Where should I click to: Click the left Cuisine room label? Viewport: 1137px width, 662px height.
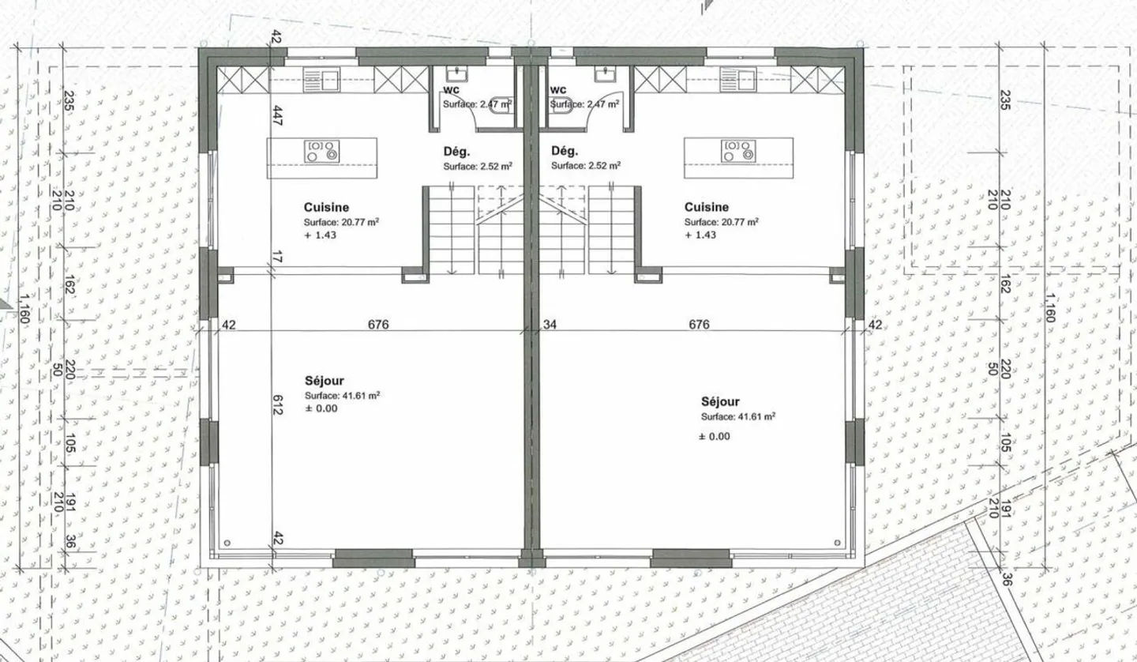(326, 207)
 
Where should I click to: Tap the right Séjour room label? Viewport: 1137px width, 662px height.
(720, 401)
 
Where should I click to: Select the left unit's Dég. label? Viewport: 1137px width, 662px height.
(457, 152)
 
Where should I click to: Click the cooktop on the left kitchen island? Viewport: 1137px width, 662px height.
(322, 152)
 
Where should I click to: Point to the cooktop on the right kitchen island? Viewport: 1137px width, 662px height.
(738, 152)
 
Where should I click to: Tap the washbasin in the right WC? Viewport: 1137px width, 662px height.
(605, 74)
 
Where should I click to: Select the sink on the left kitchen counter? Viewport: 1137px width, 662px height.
(321, 81)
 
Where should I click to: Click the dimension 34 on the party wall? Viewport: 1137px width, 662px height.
(550, 324)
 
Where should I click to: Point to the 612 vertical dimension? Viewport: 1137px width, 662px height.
(277, 404)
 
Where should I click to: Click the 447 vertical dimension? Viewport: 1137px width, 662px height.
(278, 115)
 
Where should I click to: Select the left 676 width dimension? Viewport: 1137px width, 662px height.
(378, 324)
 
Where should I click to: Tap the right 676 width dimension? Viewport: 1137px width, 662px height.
(699, 324)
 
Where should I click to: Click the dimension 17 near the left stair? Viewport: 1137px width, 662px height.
(276, 257)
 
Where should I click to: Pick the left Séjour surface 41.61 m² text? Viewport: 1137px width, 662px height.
(342, 396)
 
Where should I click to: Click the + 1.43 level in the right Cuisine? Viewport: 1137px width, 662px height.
(700, 235)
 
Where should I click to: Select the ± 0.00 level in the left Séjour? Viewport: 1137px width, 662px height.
(321, 408)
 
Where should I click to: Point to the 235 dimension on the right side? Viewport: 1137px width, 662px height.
(1005, 100)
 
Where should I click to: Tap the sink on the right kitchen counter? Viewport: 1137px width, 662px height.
(737, 81)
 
